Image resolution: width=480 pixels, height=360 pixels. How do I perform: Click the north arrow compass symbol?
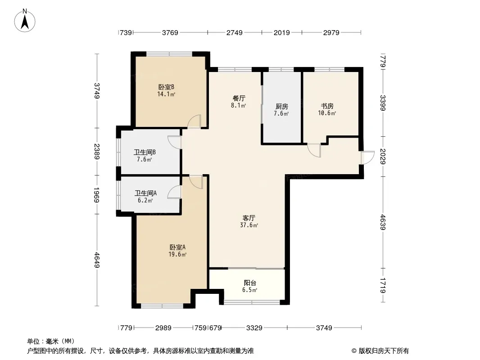click(25, 21)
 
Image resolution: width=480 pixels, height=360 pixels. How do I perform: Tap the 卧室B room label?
click(166, 87)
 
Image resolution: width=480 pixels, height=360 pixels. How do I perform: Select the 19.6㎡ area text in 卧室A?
click(177, 255)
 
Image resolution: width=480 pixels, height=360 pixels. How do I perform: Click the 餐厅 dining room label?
click(239, 99)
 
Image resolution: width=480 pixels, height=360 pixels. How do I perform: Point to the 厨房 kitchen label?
click(281, 107)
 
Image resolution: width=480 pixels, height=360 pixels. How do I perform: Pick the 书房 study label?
click(327, 106)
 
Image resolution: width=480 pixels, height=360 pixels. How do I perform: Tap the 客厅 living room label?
click(249, 218)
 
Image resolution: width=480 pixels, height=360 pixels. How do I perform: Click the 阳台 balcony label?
click(250, 283)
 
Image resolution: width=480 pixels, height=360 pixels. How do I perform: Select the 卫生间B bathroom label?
click(145, 152)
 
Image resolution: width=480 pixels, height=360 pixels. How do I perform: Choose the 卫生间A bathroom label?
click(146, 193)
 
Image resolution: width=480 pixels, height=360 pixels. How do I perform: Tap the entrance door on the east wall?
click(367, 158)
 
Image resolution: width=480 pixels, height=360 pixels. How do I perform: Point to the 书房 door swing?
click(314, 150)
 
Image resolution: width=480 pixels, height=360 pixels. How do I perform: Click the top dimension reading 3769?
click(170, 32)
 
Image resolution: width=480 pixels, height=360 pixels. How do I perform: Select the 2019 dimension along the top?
click(281, 32)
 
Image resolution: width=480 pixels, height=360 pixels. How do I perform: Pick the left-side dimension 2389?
click(97, 151)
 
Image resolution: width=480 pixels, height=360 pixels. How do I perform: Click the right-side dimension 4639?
click(383, 222)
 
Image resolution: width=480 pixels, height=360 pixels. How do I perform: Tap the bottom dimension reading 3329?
click(254, 328)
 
